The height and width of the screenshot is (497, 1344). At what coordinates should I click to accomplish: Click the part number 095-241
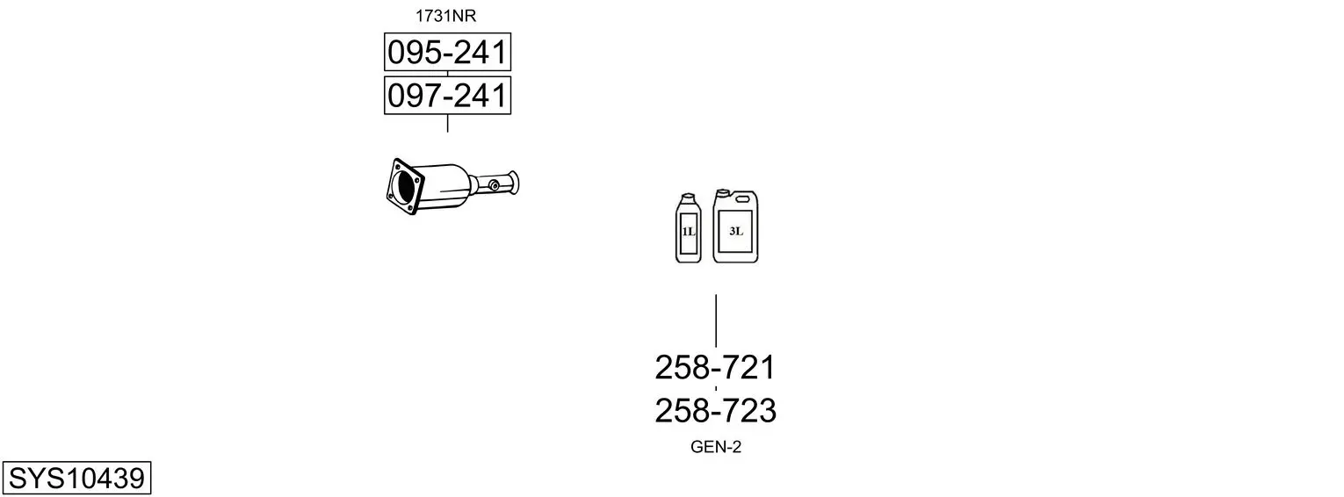447,52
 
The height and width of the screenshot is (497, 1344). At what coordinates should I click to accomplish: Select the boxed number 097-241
447,96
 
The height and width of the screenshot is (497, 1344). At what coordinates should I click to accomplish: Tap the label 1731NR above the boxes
445,16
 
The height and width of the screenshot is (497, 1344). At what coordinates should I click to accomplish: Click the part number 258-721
715,367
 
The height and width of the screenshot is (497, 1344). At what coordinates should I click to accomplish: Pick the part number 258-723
715,411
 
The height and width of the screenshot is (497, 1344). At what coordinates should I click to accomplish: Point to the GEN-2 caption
716,447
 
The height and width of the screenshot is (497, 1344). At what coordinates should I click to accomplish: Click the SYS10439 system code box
76,478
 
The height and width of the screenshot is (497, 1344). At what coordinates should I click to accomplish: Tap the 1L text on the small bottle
688,232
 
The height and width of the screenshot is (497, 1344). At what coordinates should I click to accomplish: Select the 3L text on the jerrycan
735,231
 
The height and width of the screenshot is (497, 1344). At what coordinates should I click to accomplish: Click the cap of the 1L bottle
688,197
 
